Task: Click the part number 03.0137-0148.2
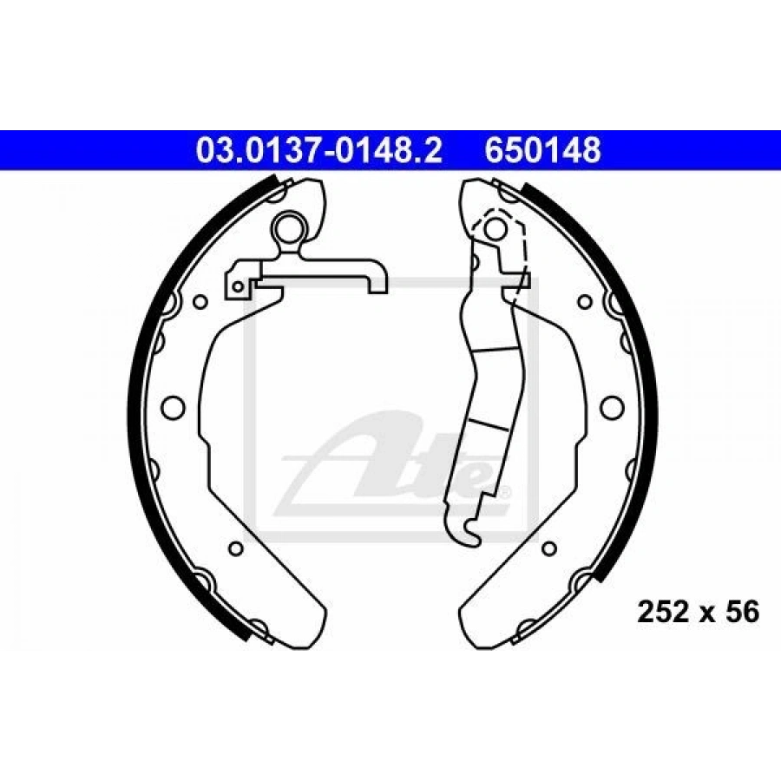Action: (x=319, y=150)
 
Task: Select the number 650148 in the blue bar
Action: (x=543, y=150)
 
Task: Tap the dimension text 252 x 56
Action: (x=699, y=612)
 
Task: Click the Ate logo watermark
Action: (x=393, y=459)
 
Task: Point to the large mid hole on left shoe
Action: (x=174, y=407)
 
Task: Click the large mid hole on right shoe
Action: (x=612, y=407)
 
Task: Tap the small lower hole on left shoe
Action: (x=236, y=548)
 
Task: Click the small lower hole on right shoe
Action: (x=549, y=548)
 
